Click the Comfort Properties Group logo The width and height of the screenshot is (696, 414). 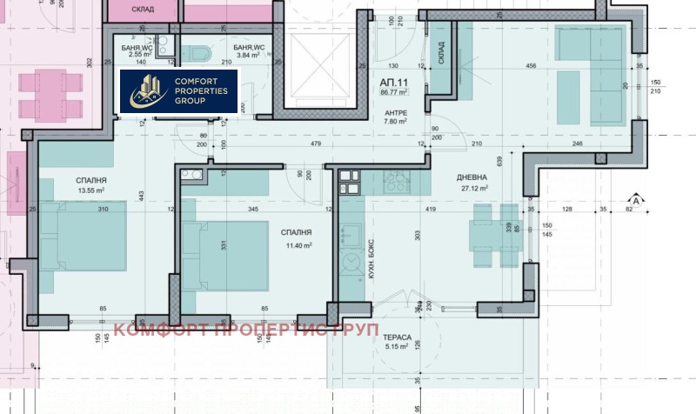click(x=177, y=91)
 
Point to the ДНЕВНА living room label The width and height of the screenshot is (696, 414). click(x=474, y=177)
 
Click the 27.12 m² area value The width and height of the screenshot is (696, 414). click(x=474, y=188)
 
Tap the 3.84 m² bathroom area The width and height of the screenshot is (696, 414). click(x=250, y=54)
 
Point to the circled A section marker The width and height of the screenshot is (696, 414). click(x=636, y=201)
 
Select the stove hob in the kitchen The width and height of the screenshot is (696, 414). click(x=398, y=183)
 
